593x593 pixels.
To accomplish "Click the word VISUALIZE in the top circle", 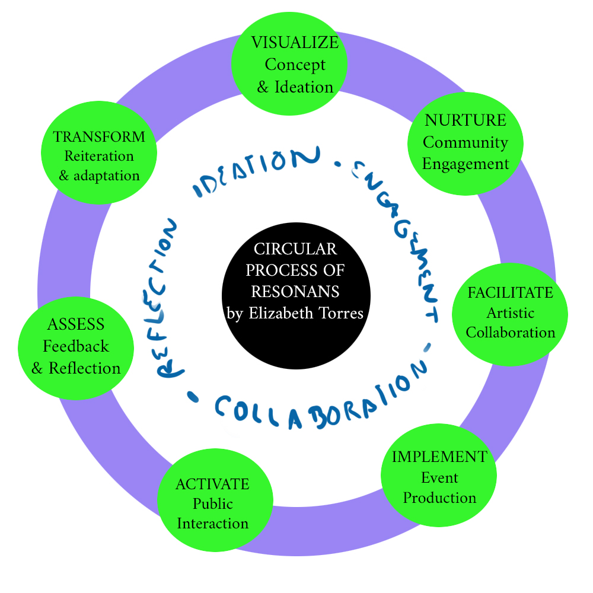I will (295, 43).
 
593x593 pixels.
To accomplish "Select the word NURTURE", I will (466, 120).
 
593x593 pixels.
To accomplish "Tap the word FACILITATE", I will (510, 293).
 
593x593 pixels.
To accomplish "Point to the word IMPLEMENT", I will (439, 457).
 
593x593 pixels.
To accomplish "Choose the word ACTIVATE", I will (212, 484).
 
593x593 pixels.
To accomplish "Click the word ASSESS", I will (76, 324).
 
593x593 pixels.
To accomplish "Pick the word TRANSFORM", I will (99, 137).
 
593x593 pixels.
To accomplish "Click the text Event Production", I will (439, 487).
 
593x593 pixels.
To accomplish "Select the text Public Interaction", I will (212, 514).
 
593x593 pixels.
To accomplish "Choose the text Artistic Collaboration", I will (510, 322).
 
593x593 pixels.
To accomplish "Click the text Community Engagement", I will (466, 153).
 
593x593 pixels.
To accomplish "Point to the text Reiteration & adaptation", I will (99, 166).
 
